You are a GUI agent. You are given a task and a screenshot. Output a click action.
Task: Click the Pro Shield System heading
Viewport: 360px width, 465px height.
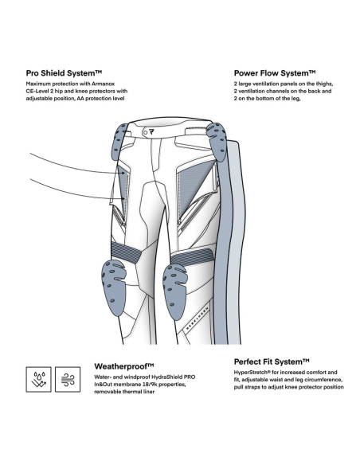pyautogui.click(x=64, y=73)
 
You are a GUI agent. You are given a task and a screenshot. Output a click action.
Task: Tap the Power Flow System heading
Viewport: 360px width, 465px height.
pyautogui.click(x=275, y=73)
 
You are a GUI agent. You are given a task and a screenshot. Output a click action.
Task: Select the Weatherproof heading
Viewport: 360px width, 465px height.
pyautogui.click(x=124, y=366)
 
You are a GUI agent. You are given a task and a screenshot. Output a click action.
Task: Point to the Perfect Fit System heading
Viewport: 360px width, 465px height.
pyautogui.click(x=272, y=361)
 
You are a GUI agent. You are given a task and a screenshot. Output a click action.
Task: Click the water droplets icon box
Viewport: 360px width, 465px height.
pyautogui.click(x=38, y=379)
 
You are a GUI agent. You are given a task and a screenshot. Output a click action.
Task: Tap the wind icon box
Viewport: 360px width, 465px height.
pyautogui.click(x=68, y=379)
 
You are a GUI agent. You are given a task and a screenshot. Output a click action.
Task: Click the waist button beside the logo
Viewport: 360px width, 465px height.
pyautogui.click(x=145, y=132)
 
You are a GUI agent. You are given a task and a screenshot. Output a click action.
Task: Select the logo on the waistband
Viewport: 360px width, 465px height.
pyautogui.click(x=152, y=132)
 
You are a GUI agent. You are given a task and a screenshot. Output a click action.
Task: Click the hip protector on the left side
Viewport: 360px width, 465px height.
pyautogui.click(x=119, y=142)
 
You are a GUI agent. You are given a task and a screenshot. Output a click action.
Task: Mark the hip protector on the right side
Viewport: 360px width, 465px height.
pyautogui.click(x=217, y=142)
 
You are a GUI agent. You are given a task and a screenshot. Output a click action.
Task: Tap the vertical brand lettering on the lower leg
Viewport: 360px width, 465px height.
pyautogui.click(x=197, y=318)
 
